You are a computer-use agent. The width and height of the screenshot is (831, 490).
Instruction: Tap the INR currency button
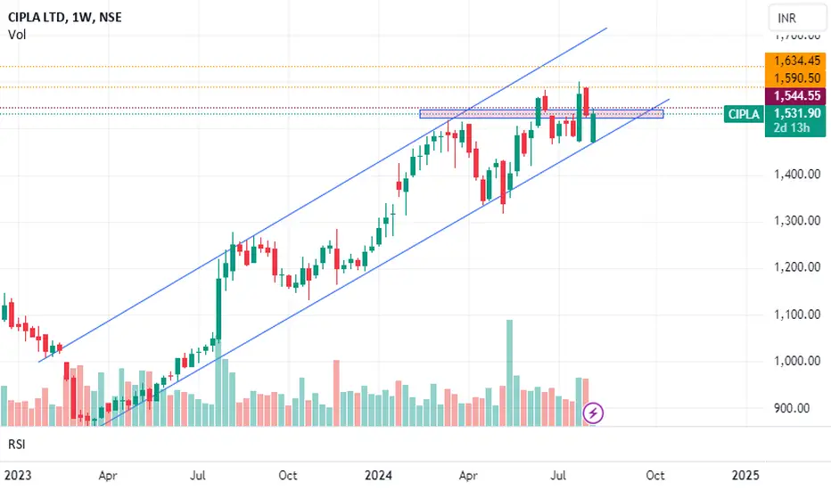click(x=787, y=17)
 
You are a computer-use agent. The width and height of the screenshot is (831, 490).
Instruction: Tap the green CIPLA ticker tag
click(x=744, y=114)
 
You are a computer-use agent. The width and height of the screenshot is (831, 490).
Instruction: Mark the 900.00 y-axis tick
click(x=792, y=409)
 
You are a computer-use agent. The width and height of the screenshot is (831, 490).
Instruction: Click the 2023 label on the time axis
click(x=14, y=475)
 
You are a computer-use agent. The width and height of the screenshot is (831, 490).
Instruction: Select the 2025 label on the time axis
click(x=745, y=475)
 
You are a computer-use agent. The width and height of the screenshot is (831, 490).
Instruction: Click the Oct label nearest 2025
click(x=655, y=475)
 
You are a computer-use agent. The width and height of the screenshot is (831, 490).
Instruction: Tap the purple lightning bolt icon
click(x=595, y=412)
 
